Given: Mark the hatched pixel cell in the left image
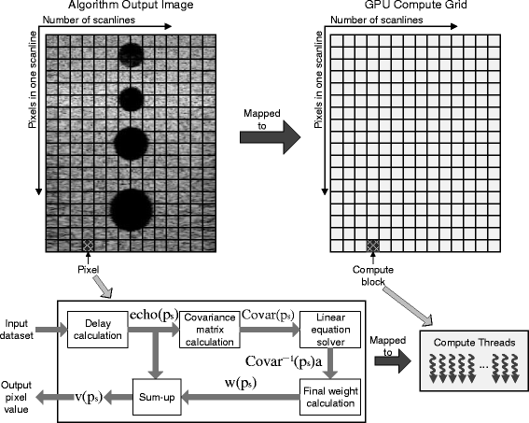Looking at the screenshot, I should (x=88, y=245).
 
